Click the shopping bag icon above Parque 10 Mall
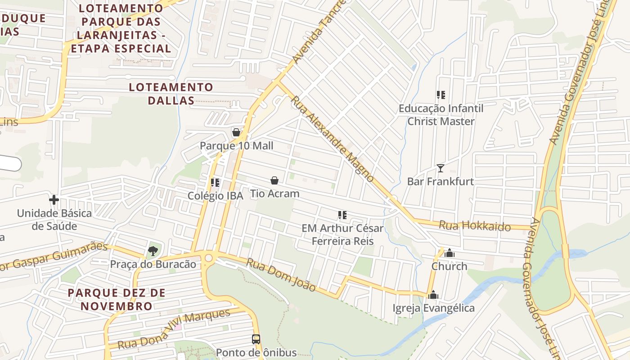point(236,132)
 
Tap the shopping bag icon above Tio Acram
point(274,180)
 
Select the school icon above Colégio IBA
point(215,183)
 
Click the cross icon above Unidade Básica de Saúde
point(54,199)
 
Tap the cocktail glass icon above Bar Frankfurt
point(440,168)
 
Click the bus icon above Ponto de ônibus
point(256,339)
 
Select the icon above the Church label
point(449,253)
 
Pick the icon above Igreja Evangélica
point(433,295)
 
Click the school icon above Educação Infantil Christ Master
point(441,95)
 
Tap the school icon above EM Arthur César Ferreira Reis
point(342,215)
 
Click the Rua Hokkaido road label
point(475,225)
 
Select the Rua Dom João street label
point(281,274)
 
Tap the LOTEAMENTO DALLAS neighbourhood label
point(171,94)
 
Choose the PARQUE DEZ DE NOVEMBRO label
point(117,299)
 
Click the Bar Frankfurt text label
point(440,181)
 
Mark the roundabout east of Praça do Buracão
point(208,258)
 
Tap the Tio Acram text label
point(274,193)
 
